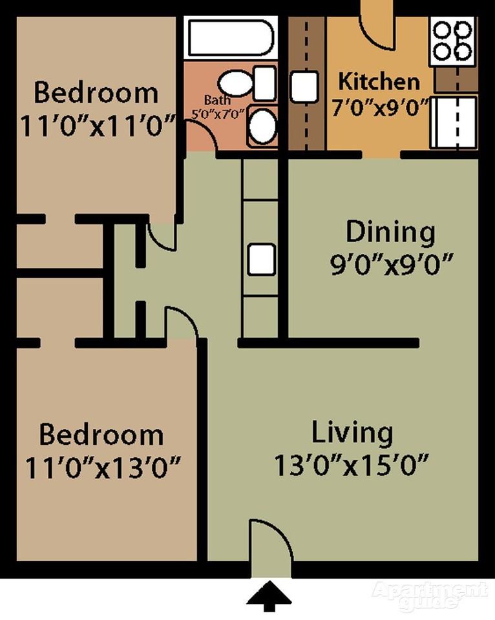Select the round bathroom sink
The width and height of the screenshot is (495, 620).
pos(262,126)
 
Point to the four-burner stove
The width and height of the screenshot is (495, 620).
pos(452,40)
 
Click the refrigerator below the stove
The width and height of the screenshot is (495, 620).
pos(454,122)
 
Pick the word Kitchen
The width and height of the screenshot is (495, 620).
pos(379,82)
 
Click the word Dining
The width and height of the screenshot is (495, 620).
pos(390,232)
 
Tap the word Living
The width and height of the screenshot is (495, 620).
pos(352,433)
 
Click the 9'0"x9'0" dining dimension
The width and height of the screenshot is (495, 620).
pos(390,265)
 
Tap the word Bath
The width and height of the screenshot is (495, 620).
pos(217,101)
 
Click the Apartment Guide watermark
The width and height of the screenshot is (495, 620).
pos(429,595)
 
